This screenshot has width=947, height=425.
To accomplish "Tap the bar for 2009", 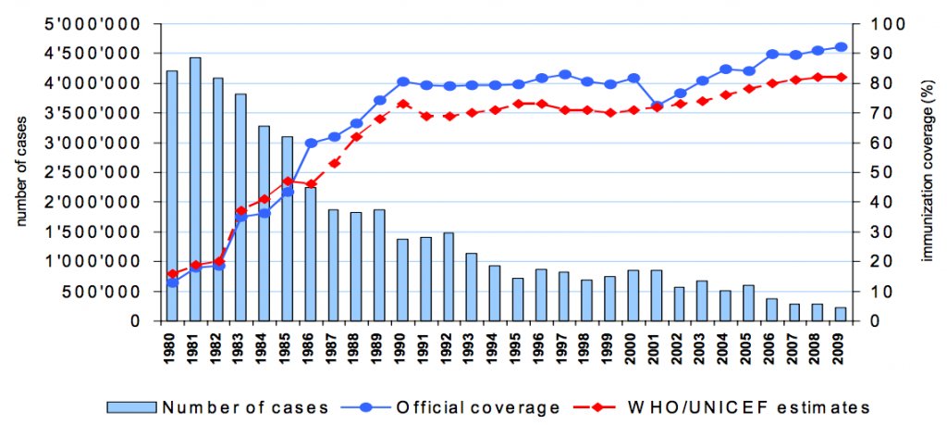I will (841, 314).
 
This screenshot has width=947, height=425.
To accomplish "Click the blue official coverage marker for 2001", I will (657, 106).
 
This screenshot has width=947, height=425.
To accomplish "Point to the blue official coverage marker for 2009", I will (841, 46).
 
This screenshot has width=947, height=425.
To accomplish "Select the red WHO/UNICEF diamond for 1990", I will (403, 104).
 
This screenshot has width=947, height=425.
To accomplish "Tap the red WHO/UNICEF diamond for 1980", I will (172, 273).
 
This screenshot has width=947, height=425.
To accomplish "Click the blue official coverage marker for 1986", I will (311, 143).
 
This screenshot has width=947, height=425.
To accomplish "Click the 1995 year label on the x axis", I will (519, 352).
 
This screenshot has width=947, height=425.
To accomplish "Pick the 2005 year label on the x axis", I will (749, 352).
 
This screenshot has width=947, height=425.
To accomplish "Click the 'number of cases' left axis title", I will (20, 173).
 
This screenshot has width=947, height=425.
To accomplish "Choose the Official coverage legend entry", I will (462, 406).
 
